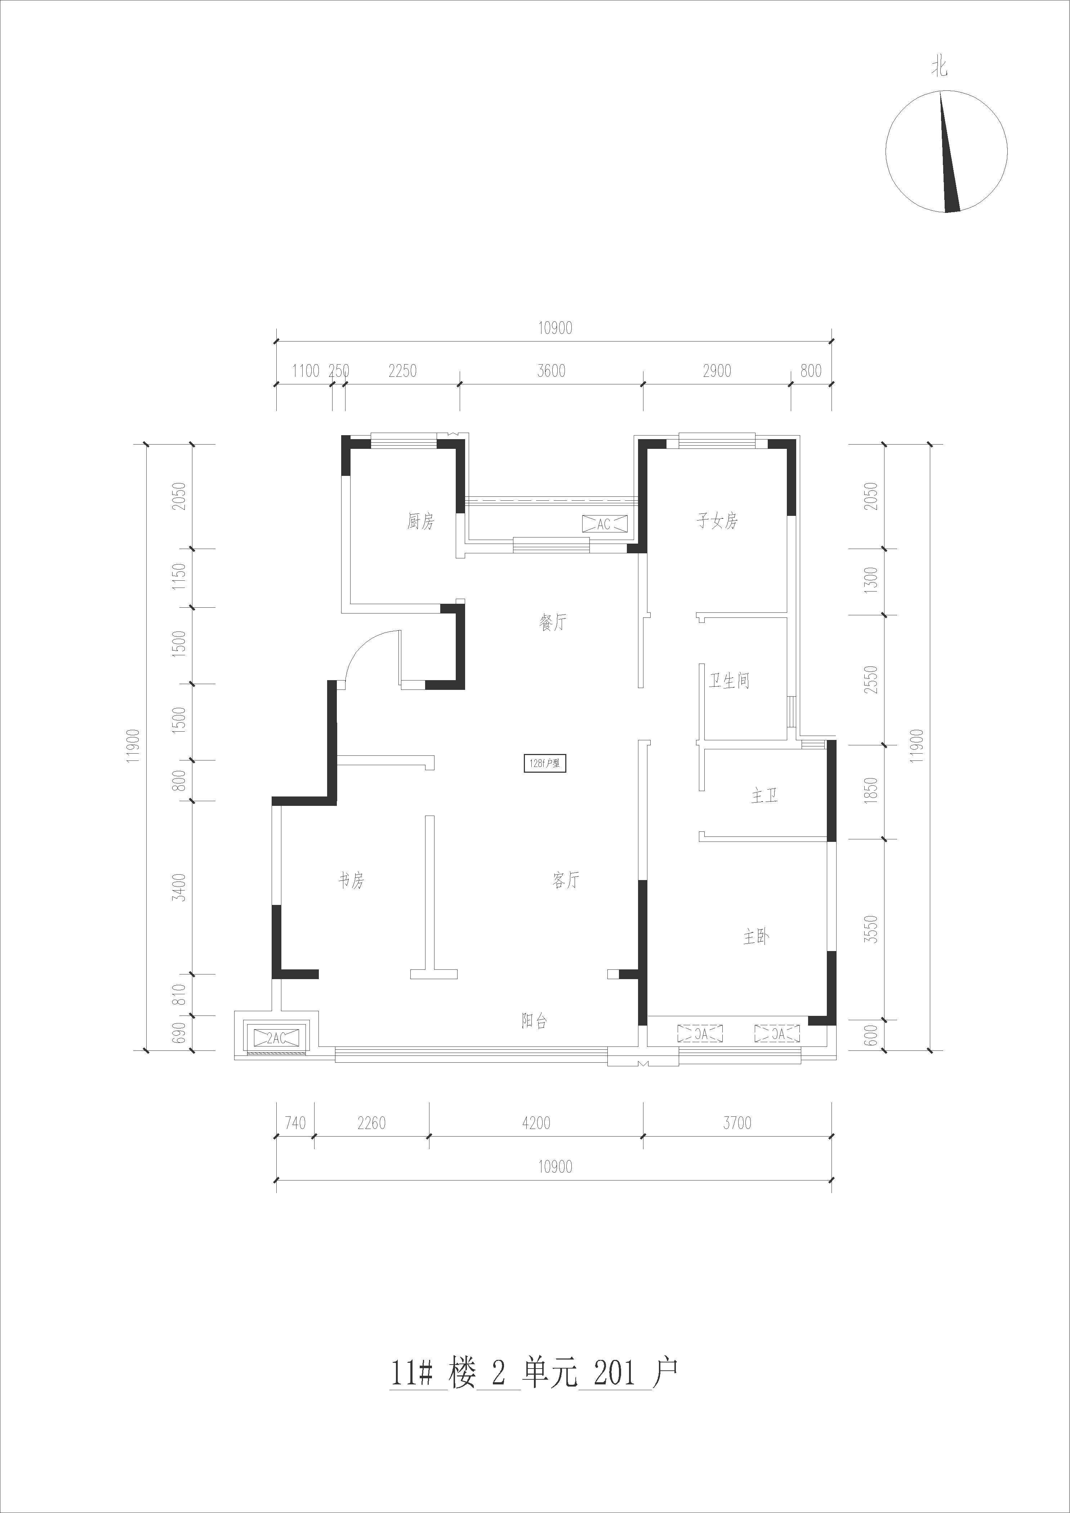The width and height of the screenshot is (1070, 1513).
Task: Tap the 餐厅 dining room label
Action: click(553, 622)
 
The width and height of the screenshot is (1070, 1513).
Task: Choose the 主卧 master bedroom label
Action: click(756, 936)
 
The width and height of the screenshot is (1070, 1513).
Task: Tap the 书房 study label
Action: click(351, 880)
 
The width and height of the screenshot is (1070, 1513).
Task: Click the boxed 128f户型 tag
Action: click(544, 764)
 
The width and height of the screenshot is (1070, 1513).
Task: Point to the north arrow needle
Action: click(949, 152)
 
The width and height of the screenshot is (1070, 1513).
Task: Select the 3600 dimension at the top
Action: click(551, 371)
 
